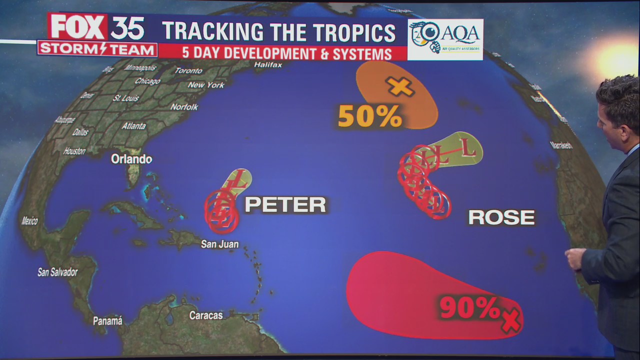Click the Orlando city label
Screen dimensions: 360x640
click(131, 159)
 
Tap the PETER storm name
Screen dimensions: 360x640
click(285, 205)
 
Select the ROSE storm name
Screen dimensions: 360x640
click(501, 217)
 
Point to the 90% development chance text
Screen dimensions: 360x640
click(469, 307)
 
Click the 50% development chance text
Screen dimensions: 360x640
click(370, 116)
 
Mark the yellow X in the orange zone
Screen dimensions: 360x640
click(400, 87)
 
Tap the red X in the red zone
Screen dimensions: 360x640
click(510, 320)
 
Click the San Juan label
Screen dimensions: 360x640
click(219, 244)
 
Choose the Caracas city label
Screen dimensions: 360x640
click(206, 315)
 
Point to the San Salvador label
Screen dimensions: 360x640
click(57, 272)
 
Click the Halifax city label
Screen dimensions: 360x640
click(268, 65)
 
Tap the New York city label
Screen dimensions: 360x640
click(206, 85)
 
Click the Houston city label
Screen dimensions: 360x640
click(74, 151)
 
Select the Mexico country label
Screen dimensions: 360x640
click(29, 220)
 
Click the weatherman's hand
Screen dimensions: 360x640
click(575, 258)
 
